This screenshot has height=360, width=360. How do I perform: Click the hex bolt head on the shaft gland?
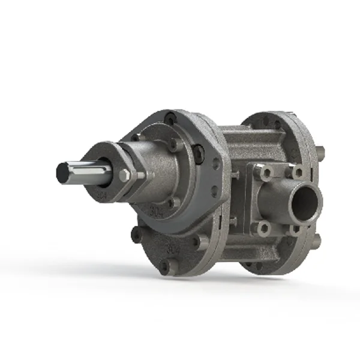coord(125,176)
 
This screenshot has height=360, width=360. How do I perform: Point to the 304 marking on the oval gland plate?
coord(104,194)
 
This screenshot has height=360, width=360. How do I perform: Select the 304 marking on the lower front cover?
coord(173,246)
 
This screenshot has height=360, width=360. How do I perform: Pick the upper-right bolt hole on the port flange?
coord(296,172)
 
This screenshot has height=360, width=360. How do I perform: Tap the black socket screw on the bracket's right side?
coord(198,154)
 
